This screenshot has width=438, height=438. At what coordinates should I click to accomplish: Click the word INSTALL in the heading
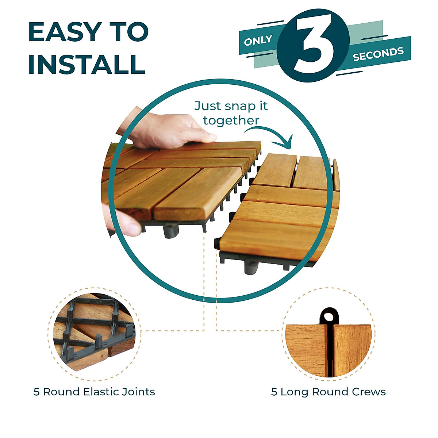87,65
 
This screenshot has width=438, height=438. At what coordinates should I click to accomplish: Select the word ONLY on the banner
258,41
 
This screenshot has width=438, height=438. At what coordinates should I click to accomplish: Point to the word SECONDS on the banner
378,54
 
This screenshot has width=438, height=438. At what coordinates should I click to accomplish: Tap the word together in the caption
231,120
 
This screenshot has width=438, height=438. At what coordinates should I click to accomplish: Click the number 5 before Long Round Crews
274,392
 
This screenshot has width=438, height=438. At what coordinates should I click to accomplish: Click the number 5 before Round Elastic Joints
36,392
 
